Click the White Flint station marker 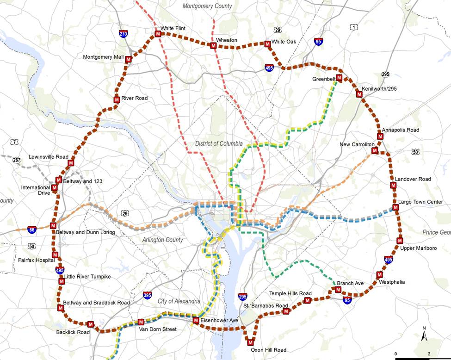[x=158, y=34]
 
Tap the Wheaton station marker [x=213, y=46]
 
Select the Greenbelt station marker [x=339, y=78]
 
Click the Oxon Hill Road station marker [x=251, y=342]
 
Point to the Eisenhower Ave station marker [x=196, y=320]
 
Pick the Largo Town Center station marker [x=396, y=208]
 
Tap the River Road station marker [x=117, y=99]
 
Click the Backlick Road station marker [x=91, y=324]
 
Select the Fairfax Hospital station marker [x=55, y=254]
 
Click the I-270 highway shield [x=123, y=34]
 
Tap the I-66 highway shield [x=31, y=230]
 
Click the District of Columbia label [x=218, y=143]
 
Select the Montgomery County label [x=207, y=6]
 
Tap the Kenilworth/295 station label [x=379, y=89]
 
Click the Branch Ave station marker [x=338, y=290]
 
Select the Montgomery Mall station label [x=104, y=57]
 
